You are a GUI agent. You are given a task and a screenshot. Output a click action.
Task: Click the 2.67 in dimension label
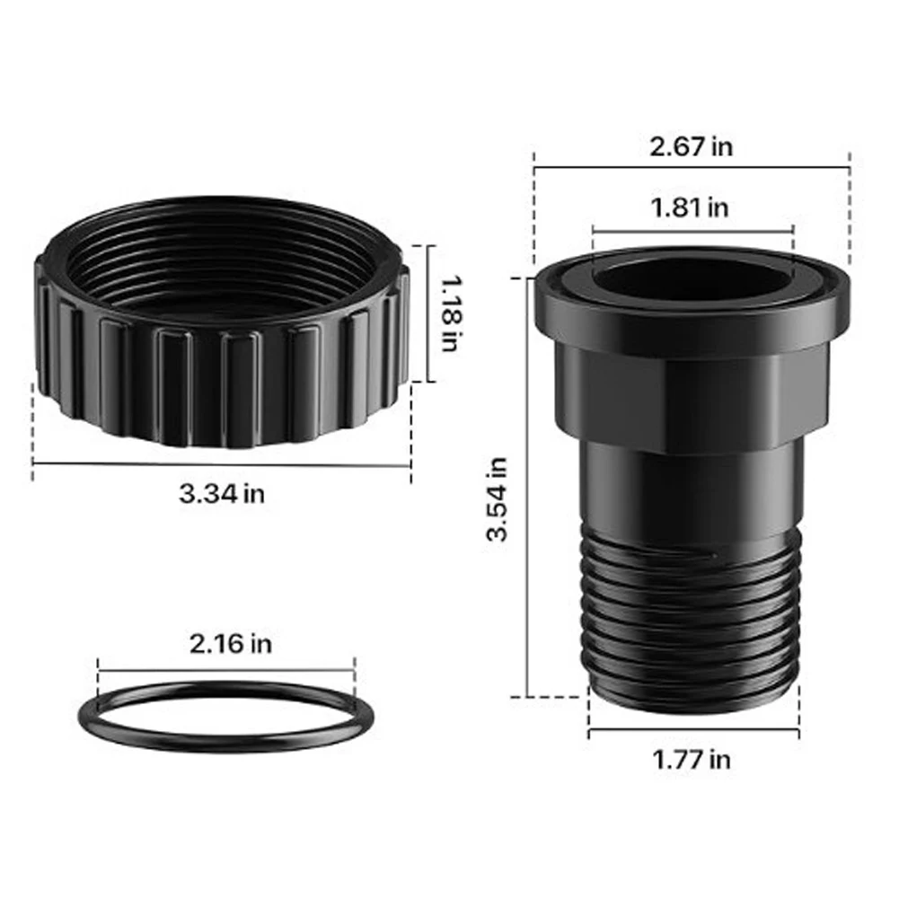point(691,146)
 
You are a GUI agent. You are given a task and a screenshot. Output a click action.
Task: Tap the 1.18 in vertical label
point(451,313)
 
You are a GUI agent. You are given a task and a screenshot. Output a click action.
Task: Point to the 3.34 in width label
point(222,493)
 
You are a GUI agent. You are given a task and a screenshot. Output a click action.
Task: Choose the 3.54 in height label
point(497,499)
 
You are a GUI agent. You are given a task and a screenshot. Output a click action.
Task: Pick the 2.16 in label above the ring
point(230,643)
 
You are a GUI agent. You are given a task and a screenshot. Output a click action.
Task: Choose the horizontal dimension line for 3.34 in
point(222,464)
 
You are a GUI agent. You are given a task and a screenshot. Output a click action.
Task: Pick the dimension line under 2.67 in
point(691,166)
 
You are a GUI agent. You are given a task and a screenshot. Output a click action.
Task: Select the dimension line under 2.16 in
point(226,670)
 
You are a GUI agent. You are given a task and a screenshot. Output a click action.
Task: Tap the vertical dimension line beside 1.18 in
point(427,313)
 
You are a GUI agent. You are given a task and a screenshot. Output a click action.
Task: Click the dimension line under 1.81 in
point(692,231)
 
